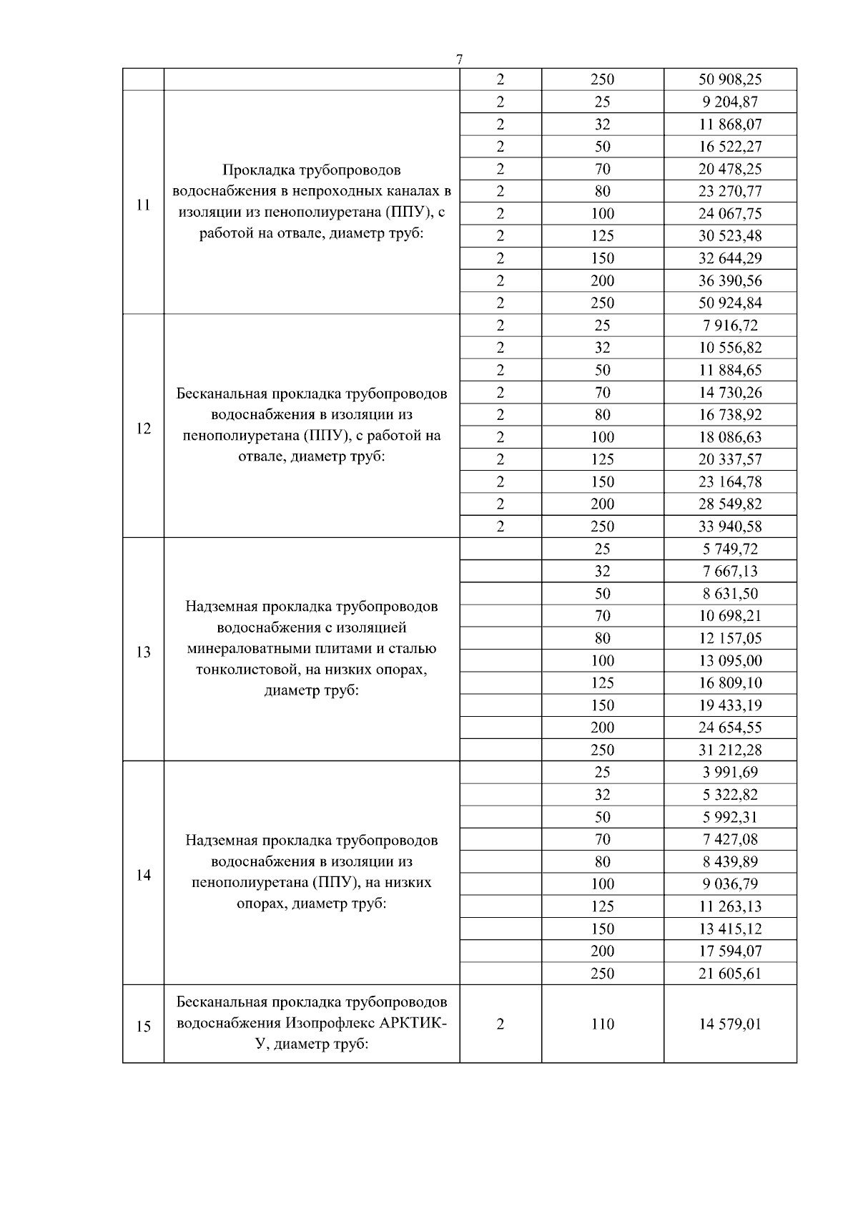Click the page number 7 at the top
(x=459, y=59)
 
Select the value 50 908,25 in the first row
(x=730, y=79)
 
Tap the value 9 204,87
(x=730, y=102)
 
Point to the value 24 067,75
(x=730, y=213)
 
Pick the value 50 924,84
(x=730, y=303)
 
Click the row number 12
(x=143, y=429)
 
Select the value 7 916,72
(x=730, y=325)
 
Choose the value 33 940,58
(x=730, y=527)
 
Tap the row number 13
(x=143, y=652)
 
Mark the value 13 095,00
(x=730, y=660)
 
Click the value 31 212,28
(x=730, y=750)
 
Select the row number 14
(x=143, y=875)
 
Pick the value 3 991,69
(x=730, y=772)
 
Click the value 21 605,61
(x=730, y=973)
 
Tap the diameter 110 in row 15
(x=602, y=1024)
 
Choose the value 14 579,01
(x=730, y=1024)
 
